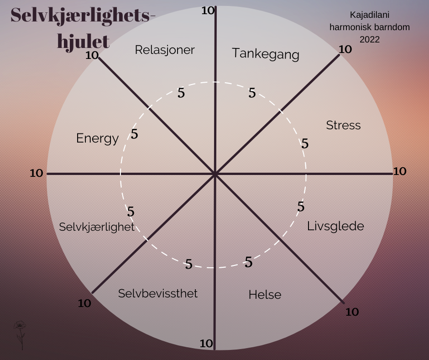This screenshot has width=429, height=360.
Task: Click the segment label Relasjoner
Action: click(165, 50)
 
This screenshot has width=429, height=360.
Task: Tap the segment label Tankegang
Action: click(265, 54)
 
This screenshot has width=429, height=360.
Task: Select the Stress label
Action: click(343, 125)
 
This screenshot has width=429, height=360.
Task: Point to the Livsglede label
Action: click(335, 226)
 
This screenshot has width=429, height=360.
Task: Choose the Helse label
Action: click(265, 295)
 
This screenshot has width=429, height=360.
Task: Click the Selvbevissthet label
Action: click(158, 293)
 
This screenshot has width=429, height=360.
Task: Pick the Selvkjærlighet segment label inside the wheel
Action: click(97, 227)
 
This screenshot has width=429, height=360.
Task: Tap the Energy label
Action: click(97, 138)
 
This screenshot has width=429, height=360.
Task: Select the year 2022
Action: click(370, 39)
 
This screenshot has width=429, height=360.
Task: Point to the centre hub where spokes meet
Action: click(214, 174)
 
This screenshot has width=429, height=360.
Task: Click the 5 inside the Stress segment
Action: click(305, 144)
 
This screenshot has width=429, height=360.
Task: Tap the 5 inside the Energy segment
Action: click(134, 134)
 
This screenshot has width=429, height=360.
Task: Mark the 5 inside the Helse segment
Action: click(249, 262)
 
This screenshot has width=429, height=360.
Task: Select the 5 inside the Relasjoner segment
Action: click(181, 93)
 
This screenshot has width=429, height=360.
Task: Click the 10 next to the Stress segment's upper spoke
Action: click(345, 49)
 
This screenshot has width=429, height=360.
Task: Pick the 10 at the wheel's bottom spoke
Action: click(207, 343)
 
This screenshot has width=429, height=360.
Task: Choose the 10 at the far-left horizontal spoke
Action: click(37, 173)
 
